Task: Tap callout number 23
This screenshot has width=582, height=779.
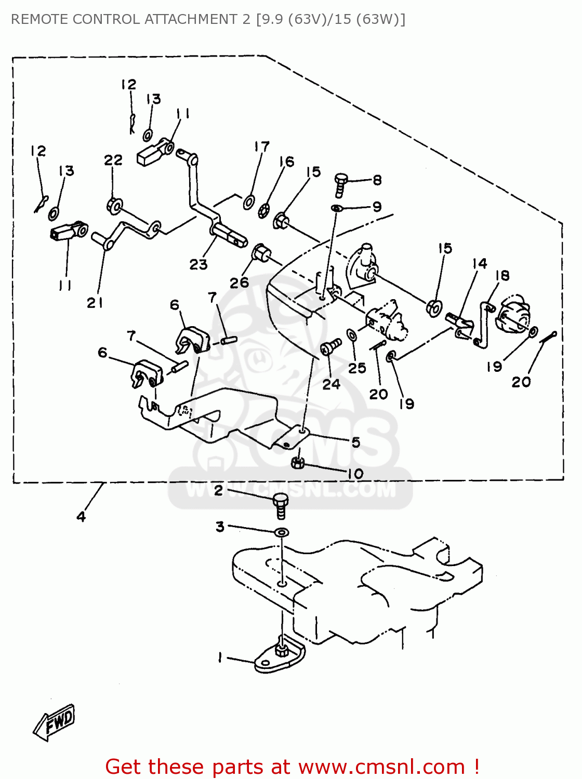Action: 198,265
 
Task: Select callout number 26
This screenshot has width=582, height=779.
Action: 240,283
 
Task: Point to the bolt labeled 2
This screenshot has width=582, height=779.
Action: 280,504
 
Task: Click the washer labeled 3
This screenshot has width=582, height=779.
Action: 282,532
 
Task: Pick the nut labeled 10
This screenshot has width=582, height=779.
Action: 297,462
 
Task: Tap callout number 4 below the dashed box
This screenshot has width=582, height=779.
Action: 81,516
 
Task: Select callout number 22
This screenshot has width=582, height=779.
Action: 113,160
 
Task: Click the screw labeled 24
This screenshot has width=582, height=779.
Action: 329,346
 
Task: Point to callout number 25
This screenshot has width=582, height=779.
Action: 357,368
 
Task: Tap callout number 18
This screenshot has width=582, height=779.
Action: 502,276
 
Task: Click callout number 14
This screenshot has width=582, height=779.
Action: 479,264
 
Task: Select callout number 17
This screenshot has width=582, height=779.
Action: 262,147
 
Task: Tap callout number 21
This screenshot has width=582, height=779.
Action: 95,303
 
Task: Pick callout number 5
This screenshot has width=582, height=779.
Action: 355,442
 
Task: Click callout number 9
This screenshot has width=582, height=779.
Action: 377,207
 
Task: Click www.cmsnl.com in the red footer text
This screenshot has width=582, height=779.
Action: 381,767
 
